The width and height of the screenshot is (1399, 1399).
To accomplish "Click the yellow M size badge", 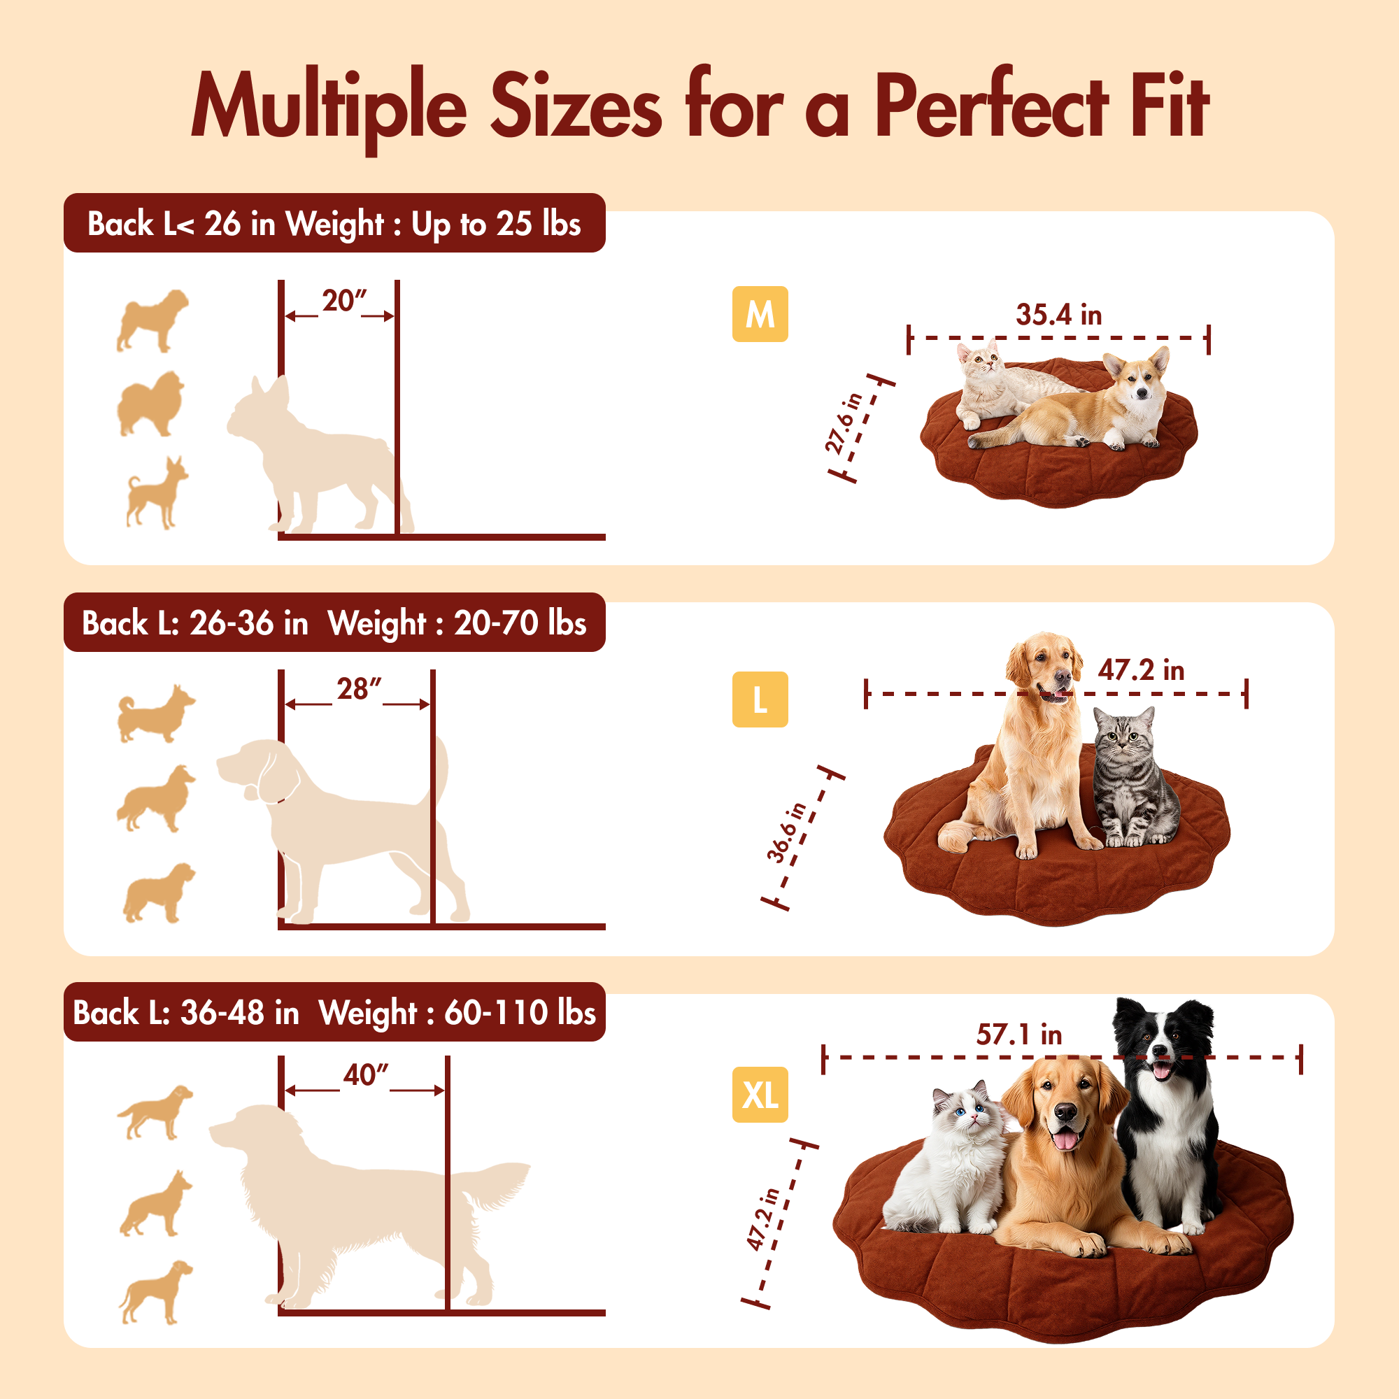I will point(760,314).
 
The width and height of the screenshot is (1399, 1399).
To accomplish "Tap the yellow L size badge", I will point(760,699).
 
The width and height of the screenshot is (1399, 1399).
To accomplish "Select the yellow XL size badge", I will point(760,1094).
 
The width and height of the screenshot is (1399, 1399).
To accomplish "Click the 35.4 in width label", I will point(1058,315).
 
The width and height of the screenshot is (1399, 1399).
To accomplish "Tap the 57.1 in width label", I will point(1019,1034).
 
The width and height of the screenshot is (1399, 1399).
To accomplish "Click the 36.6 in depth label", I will point(786,832).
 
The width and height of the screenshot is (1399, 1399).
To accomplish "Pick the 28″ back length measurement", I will point(358,688).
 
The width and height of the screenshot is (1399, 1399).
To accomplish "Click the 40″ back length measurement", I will point(366,1075).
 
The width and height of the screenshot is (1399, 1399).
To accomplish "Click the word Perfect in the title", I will point(991,105).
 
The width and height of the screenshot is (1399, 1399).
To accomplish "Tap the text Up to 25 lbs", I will point(496,224).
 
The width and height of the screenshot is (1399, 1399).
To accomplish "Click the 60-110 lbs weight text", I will point(519,1012).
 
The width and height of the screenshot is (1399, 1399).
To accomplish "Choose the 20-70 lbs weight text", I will point(520,623).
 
